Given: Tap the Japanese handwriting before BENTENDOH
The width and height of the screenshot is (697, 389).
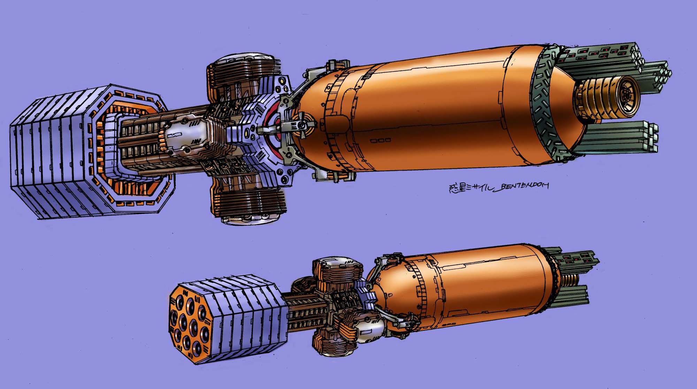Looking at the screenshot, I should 469,188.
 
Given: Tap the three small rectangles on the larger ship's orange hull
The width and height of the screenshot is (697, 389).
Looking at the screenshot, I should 381,141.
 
